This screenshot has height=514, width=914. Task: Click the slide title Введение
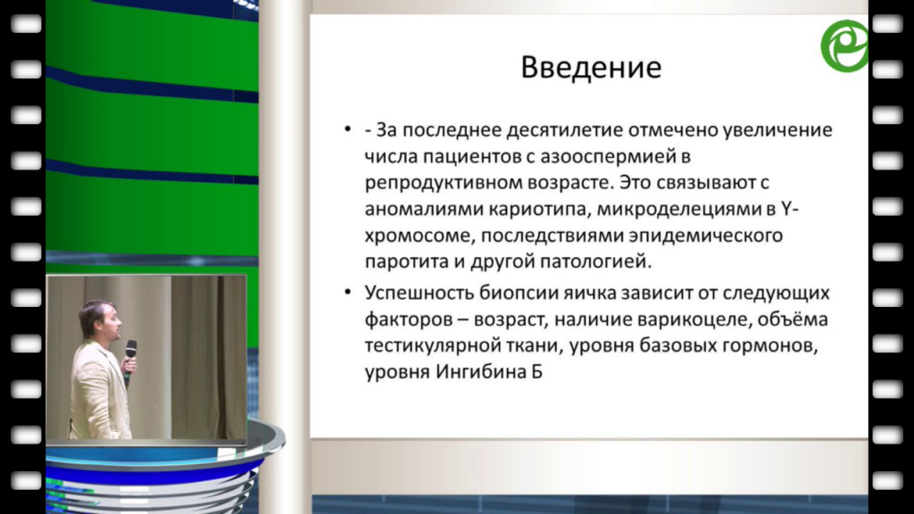click(x=591, y=67)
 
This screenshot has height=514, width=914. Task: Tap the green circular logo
click(x=844, y=46)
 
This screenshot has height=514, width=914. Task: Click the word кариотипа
click(x=538, y=210)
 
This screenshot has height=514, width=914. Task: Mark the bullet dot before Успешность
click(x=348, y=292)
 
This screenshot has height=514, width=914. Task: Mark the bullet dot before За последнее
click(x=348, y=128)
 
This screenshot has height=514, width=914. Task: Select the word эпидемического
click(x=705, y=236)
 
